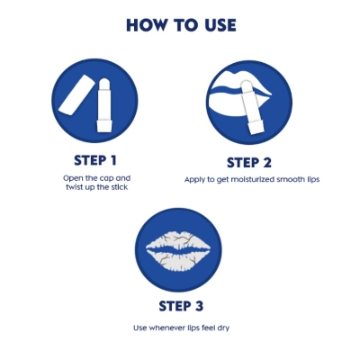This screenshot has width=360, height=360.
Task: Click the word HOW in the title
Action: [146, 25]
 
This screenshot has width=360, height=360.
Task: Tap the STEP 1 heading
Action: [95, 160]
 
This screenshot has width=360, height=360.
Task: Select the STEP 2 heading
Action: [249, 162]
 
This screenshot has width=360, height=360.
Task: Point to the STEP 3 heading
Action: [181, 306]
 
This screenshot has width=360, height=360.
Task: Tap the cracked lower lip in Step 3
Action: [177, 258]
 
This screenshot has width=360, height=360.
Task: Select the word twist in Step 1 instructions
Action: [75, 187]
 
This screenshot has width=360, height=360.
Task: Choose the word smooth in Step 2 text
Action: [290, 179]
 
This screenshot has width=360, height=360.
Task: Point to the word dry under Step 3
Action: [223, 328]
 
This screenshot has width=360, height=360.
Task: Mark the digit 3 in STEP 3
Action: [199, 306]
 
